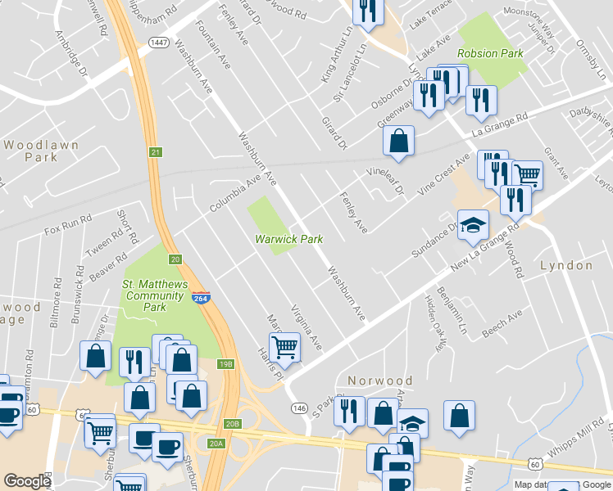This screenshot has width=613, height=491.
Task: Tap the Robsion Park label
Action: coord(490,53)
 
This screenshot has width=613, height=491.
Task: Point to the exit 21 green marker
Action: coord(155,152)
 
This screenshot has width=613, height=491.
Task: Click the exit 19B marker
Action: coord(226,363)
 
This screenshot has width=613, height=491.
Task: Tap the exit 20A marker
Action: coord(216,443)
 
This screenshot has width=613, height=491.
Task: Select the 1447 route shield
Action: coord(159,41)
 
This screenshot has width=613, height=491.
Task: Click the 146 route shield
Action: coord(298,408)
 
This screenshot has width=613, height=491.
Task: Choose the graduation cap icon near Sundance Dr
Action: coord(473,226)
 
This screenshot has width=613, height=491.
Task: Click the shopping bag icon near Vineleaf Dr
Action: coord(398,141)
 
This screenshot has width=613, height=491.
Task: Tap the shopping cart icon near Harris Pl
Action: coord(284,346)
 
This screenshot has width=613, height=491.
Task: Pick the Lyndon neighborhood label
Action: coord(566,266)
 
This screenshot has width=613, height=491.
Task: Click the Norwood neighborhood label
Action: coord(379,381)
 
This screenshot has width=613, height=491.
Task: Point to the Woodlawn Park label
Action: coord(41,150)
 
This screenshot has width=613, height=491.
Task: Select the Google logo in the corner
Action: coord(27,481)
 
